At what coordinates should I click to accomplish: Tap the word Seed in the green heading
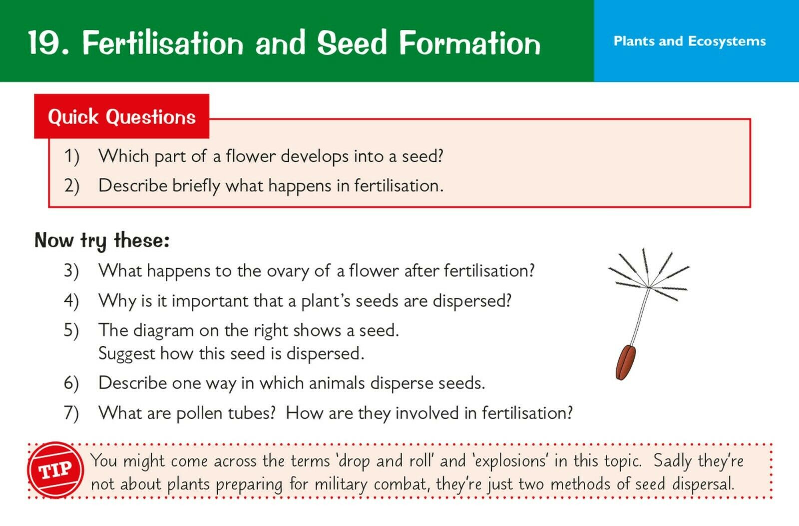click(x=352, y=42)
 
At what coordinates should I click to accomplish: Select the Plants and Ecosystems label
click(x=690, y=41)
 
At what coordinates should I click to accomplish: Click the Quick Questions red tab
click(x=122, y=116)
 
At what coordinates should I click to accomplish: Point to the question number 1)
click(x=72, y=156)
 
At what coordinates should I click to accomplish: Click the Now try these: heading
click(x=102, y=240)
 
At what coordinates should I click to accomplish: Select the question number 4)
click(x=71, y=300)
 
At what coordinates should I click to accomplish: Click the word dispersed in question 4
click(x=472, y=300)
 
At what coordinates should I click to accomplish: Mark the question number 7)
click(x=71, y=413)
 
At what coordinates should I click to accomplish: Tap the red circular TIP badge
click(x=55, y=470)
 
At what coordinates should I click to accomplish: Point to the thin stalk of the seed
click(x=640, y=316)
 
